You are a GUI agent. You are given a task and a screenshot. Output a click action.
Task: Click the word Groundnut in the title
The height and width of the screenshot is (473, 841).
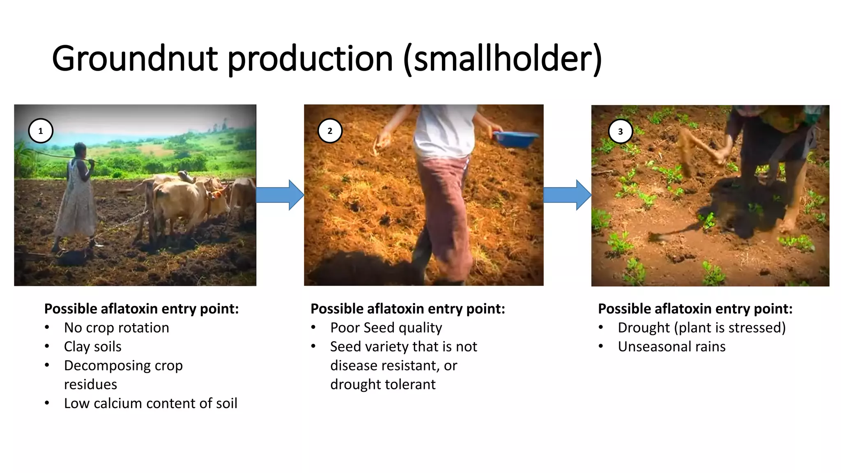tap(135, 58)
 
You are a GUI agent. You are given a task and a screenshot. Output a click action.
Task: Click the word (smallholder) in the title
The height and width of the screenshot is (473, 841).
tap(503, 58)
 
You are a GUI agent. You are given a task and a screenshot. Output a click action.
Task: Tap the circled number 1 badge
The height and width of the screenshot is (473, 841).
tap(40, 131)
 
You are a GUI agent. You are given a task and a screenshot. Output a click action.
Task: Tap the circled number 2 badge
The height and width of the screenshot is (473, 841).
tap(330, 131)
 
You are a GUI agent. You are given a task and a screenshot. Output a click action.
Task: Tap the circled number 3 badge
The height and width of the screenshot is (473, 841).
tap(620, 131)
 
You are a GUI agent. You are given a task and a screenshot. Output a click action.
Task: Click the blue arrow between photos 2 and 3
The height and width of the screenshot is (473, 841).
tap(568, 195)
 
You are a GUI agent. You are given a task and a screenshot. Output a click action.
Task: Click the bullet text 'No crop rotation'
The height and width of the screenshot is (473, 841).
tap(116, 328)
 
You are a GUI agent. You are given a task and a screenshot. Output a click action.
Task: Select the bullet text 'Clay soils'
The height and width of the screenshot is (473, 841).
tap(93, 347)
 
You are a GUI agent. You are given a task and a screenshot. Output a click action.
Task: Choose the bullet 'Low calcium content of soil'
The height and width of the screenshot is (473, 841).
tap(151, 403)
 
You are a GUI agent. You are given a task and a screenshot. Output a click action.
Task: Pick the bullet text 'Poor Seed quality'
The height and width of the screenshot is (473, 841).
tap(386, 328)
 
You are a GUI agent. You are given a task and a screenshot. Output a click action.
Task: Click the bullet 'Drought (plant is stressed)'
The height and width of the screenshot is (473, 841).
tap(701, 328)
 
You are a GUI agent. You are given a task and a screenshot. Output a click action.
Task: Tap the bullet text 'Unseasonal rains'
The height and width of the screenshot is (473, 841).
tap(671, 347)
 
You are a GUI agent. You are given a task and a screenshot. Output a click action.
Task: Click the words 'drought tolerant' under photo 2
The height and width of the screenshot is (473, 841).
tap(383, 384)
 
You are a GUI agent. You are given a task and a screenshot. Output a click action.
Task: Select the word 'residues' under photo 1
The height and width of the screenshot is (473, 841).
tap(90, 384)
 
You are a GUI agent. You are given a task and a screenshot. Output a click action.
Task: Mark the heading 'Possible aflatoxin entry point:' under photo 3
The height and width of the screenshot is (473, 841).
tap(695, 309)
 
